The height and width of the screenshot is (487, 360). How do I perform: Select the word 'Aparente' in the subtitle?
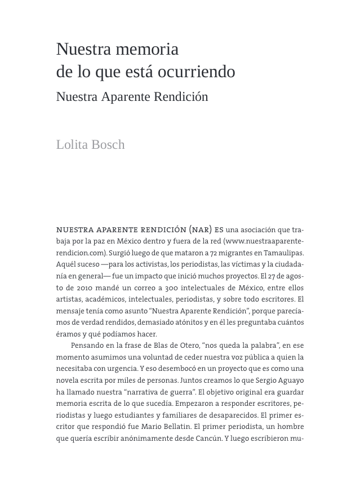[x=128, y=97]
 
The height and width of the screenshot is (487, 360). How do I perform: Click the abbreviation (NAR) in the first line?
[x=201, y=230]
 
